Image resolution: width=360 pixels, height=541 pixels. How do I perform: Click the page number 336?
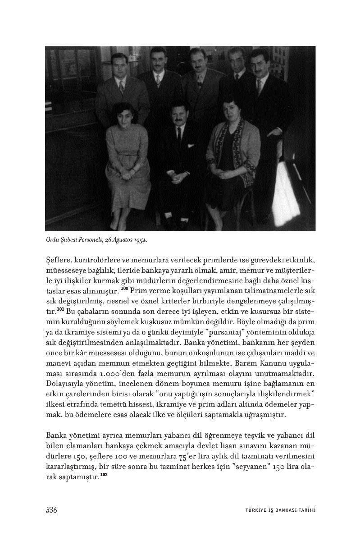(x=51, y=510)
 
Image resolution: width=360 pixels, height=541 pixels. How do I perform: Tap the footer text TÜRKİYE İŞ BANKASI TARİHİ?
(x=277, y=510)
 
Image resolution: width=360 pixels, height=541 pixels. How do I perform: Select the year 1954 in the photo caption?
(x=140, y=240)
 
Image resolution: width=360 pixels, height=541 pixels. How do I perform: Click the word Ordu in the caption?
(x=53, y=240)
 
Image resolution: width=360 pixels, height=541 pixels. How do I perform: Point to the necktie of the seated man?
(x=179, y=135)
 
